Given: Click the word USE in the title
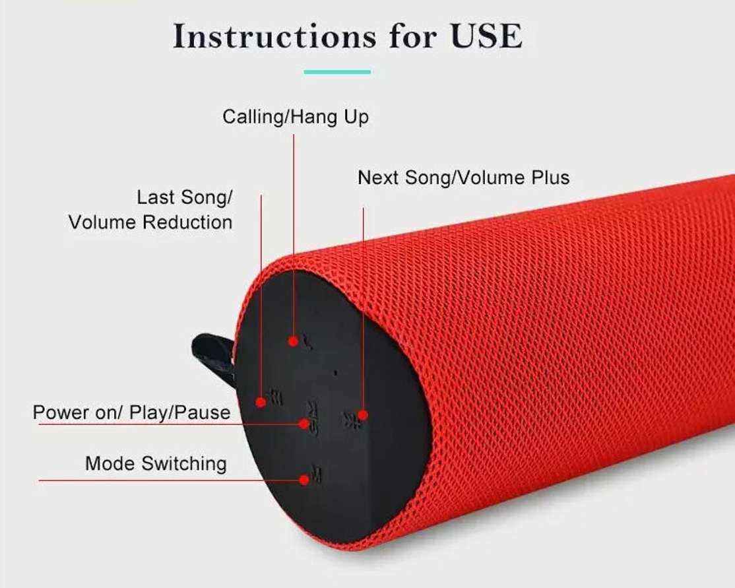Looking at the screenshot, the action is [x=486, y=36].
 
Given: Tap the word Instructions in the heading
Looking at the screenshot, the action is [x=274, y=36].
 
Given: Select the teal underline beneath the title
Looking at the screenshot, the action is [x=337, y=72].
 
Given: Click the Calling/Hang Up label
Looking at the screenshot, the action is [x=296, y=117].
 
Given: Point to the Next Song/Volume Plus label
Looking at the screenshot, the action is [x=464, y=178].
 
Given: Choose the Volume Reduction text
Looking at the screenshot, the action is [x=150, y=222].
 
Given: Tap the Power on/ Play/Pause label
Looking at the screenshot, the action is [x=132, y=412].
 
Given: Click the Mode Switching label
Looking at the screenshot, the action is [x=156, y=464].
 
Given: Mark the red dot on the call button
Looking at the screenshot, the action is [x=294, y=341].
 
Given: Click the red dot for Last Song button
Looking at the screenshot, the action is [x=261, y=402].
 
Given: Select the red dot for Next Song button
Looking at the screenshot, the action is [x=363, y=415].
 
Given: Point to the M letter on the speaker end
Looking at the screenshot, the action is [x=317, y=475].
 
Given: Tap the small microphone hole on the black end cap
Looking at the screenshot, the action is [x=335, y=374].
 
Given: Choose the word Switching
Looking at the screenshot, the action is [x=184, y=464].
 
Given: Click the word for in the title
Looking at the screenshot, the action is [x=413, y=36].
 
